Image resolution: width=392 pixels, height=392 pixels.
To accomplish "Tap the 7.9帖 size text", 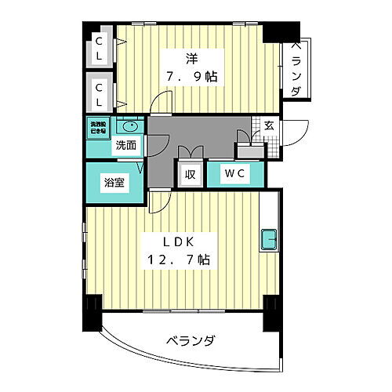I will click(x=191, y=77).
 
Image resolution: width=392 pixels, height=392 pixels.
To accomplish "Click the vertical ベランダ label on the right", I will click(x=297, y=70).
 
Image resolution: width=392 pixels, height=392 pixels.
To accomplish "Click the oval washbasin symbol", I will click(x=129, y=126).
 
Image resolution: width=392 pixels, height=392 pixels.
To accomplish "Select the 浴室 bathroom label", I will click(x=114, y=183).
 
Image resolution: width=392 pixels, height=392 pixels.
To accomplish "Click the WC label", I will click(x=234, y=174).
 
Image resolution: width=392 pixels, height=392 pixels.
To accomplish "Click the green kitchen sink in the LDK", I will click(x=269, y=237).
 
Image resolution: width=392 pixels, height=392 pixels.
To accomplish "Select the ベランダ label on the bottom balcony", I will click(x=191, y=340).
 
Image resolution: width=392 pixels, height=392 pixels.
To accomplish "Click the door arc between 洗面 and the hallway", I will click(x=157, y=140).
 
